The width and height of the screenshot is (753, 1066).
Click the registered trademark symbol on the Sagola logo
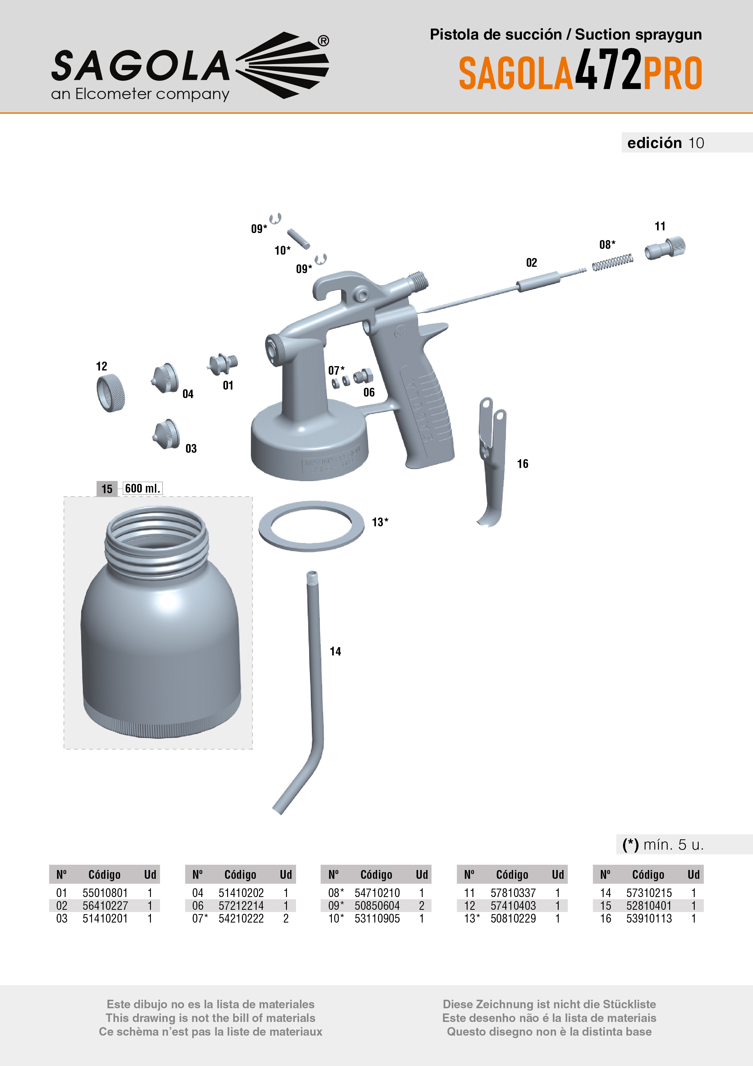pos(323,41)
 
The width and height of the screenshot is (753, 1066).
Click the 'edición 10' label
pos(665,143)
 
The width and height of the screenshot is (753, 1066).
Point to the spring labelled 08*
pos(612,262)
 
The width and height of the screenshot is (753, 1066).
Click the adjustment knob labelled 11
pos(665,248)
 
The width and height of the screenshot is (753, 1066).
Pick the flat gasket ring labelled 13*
pos(311,526)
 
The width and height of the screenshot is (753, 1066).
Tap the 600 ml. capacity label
pos(142,488)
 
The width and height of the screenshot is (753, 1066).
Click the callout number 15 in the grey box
pos(107,489)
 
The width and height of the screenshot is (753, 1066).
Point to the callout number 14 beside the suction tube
pos(335,652)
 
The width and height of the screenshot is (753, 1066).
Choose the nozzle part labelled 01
pos(224,363)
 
